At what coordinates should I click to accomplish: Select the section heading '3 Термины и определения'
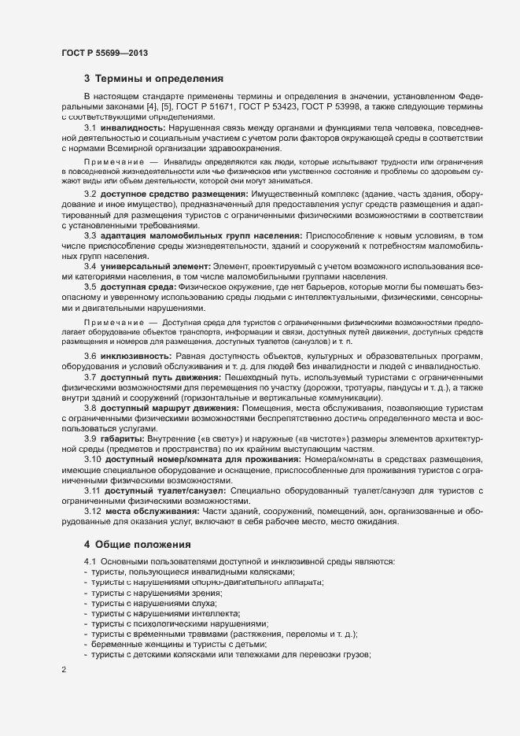click(153, 79)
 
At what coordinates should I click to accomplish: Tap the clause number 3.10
click(93, 459)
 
